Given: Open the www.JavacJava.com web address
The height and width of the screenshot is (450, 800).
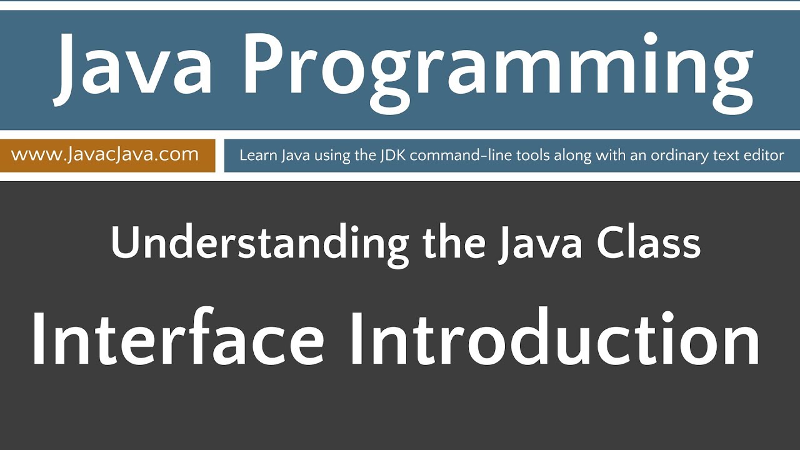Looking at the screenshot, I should pyautogui.click(x=105, y=154).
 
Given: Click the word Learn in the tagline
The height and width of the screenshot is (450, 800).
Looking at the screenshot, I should pyautogui.click(x=254, y=156).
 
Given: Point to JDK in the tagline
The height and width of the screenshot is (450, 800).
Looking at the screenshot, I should pyautogui.click(x=392, y=156).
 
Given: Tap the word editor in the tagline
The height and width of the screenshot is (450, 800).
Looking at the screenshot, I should pyautogui.click(x=764, y=156).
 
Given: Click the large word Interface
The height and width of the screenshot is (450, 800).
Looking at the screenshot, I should pyautogui.click(x=177, y=340).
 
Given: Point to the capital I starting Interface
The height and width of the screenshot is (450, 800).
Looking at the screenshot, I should pyautogui.click(x=39, y=340).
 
